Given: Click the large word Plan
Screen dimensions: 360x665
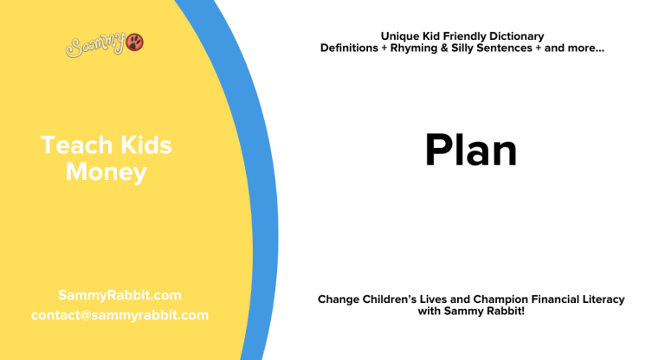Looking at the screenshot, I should click(x=470, y=151).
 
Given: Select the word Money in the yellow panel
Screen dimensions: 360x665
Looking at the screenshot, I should click(x=106, y=172).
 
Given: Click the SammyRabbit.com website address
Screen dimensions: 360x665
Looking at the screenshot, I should click(x=119, y=295).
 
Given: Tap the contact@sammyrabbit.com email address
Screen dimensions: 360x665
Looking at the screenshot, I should click(x=119, y=315).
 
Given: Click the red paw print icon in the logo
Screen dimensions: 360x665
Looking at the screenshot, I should click(x=135, y=42).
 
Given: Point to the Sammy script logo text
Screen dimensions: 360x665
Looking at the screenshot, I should click(x=94, y=44).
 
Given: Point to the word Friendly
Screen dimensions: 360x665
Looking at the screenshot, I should click(x=459, y=36).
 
